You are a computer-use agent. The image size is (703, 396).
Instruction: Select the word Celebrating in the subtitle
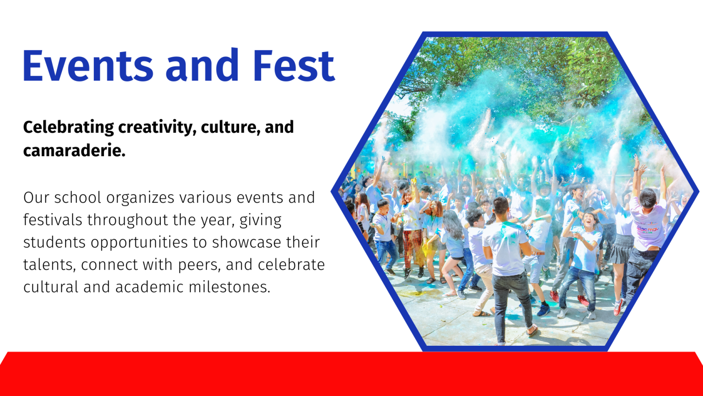68,128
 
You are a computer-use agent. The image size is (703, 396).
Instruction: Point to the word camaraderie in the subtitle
75,151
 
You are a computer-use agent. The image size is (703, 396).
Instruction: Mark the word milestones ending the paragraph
229,287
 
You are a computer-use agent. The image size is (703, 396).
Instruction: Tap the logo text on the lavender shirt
647,229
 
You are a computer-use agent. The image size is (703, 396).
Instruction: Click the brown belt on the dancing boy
538,253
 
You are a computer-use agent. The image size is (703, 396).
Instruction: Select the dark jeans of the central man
512,305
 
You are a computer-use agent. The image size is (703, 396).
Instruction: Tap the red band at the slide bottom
351,374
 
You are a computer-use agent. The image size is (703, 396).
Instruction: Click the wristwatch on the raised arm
636,169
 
